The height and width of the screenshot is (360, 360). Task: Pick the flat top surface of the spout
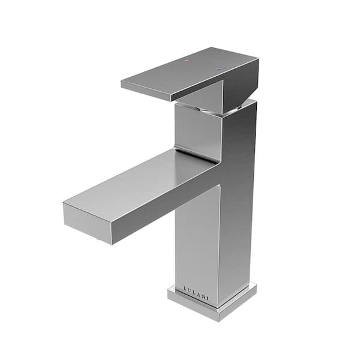[144, 180]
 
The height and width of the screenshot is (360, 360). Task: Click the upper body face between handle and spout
[195, 129]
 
